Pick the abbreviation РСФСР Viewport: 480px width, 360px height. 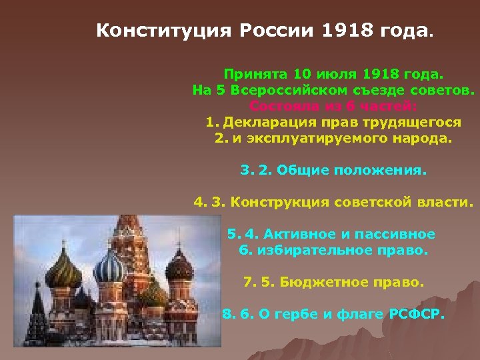[415, 313]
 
